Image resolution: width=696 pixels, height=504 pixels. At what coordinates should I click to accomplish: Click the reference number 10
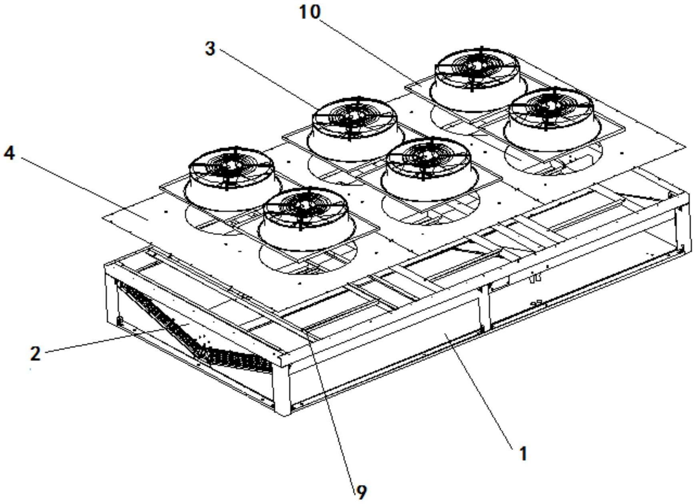[x=310, y=12]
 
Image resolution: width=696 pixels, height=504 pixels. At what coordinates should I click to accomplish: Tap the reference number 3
[x=210, y=49]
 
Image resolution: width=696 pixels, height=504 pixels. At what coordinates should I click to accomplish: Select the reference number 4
[x=9, y=153]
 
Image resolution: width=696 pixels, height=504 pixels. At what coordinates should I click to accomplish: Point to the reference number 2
[x=35, y=354]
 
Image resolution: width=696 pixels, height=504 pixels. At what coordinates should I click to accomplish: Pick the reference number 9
[x=361, y=492]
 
